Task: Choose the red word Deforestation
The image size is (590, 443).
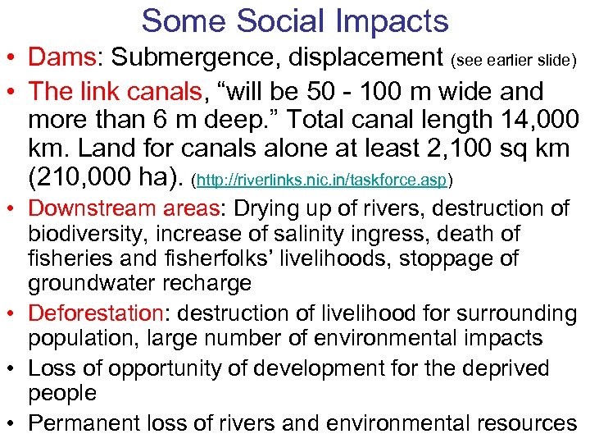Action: pos(97,313)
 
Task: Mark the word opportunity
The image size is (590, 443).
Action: pos(151,368)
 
